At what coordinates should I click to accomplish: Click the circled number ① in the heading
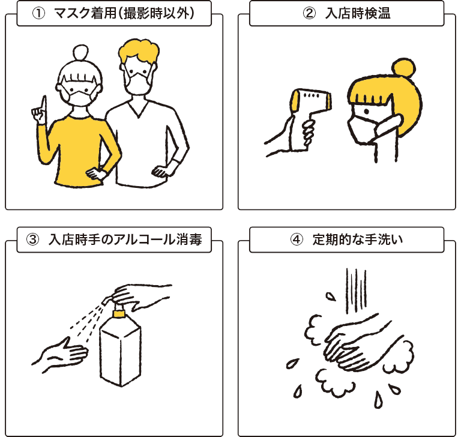pyautogui.click(x=38, y=14)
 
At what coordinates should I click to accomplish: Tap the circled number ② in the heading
pyautogui.click(x=309, y=14)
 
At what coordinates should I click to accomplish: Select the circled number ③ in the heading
pyautogui.click(x=32, y=240)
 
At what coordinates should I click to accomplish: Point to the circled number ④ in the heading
pyautogui.click(x=297, y=240)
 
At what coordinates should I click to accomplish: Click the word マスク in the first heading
pyautogui.click(x=73, y=14)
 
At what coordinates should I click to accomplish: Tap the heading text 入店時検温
pyautogui.click(x=358, y=14)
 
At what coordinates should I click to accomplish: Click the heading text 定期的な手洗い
pyautogui.click(x=358, y=240)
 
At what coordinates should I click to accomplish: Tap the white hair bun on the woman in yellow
pyautogui.click(x=80, y=52)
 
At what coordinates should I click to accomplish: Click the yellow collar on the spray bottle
pyautogui.click(x=119, y=313)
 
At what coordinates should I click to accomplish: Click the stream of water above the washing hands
pyautogui.click(x=356, y=290)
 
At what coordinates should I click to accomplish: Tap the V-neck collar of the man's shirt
pyautogui.click(x=138, y=109)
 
